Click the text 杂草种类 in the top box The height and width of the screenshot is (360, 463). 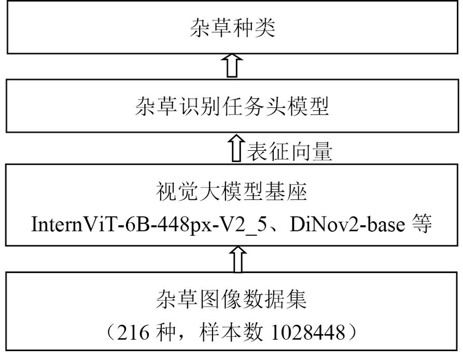(231, 28)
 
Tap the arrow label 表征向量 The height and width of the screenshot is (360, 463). (288, 152)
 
